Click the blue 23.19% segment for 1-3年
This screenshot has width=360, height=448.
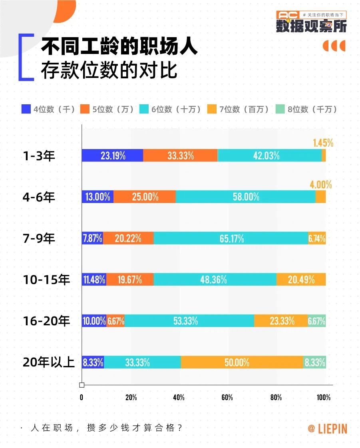(x=112, y=155)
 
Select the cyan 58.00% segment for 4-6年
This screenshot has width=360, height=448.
(x=245, y=197)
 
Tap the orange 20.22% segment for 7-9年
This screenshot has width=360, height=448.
(x=128, y=238)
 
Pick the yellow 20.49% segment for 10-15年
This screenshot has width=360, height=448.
(x=301, y=279)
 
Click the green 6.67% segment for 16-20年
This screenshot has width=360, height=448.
(x=316, y=321)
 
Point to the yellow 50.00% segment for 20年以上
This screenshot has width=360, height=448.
(x=242, y=362)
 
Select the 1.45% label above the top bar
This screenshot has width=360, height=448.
(x=323, y=143)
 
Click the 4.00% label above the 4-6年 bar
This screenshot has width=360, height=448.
(x=320, y=185)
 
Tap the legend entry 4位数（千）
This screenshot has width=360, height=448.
(x=48, y=109)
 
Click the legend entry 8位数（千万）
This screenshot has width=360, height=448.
(x=307, y=109)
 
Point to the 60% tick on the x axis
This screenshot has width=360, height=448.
(x=227, y=397)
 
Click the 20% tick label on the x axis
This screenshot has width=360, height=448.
(x=131, y=397)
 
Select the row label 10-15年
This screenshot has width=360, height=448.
(x=46, y=280)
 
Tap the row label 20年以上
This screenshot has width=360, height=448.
(x=49, y=362)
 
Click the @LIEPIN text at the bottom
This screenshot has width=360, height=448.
(x=327, y=428)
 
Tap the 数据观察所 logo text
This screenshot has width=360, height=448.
(x=311, y=26)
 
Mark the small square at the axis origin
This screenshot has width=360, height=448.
(x=82, y=385)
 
